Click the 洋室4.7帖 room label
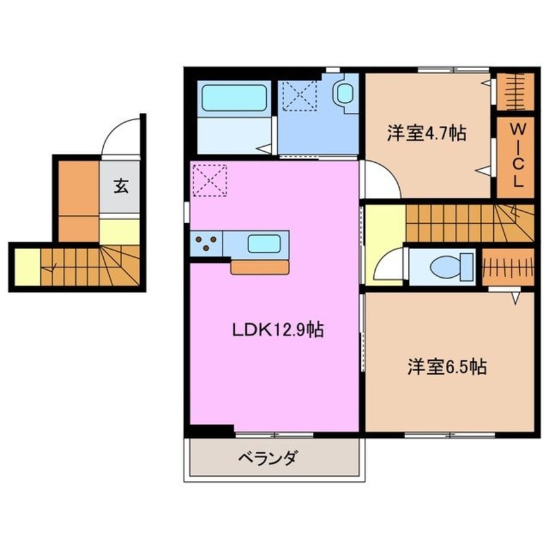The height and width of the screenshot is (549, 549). click(x=426, y=133)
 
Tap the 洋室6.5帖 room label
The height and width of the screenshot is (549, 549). click(x=447, y=367)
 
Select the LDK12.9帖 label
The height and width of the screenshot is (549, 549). click(x=278, y=330)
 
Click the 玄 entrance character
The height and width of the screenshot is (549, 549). click(x=121, y=186)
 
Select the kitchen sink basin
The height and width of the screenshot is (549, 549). click(x=263, y=244)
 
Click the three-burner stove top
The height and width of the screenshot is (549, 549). click(x=206, y=244)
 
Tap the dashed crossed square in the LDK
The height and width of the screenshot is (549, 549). click(x=209, y=180)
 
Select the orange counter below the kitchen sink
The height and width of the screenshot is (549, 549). click(x=260, y=267)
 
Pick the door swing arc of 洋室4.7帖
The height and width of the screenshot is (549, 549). click(x=382, y=180)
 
